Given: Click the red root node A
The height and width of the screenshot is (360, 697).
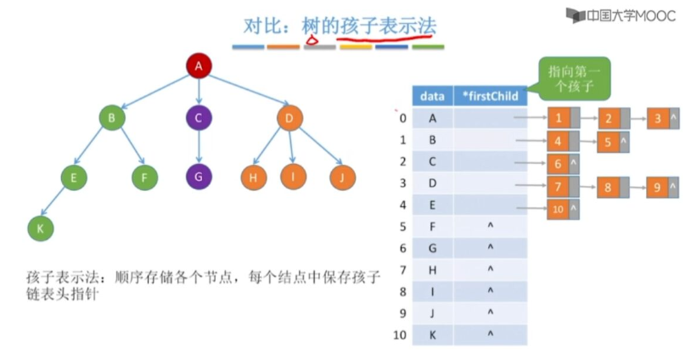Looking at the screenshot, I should (198, 65).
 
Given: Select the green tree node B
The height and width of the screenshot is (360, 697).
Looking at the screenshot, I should (111, 118).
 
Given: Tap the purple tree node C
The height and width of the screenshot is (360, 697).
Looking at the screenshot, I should (198, 118).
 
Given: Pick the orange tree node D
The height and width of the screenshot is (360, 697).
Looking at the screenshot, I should (289, 118).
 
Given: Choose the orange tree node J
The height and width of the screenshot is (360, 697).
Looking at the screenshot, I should (342, 177).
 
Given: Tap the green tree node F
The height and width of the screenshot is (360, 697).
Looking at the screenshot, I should (145, 177).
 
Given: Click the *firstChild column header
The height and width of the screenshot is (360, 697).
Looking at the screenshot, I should (489, 96).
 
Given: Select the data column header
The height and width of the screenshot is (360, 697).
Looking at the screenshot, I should (433, 96).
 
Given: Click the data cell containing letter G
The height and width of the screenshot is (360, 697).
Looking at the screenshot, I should (433, 248).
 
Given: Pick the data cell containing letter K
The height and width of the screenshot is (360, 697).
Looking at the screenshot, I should (433, 335).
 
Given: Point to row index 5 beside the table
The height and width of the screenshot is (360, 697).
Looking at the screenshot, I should (402, 227).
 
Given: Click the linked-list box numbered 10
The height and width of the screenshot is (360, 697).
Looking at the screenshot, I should (559, 208).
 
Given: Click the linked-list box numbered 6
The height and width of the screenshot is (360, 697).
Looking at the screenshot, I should (559, 164).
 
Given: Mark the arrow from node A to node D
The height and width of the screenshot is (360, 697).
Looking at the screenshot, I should (245, 93).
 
